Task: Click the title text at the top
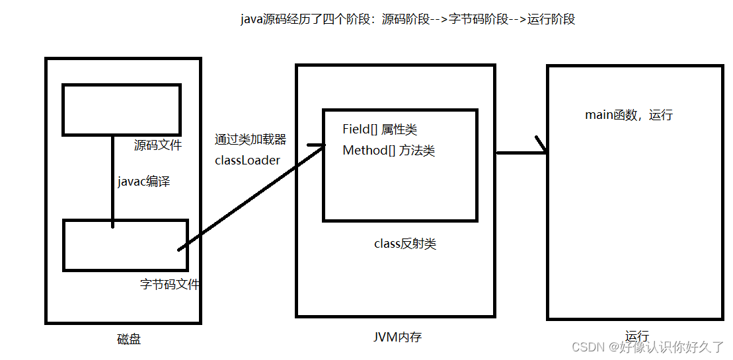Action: pyautogui.click(x=408, y=19)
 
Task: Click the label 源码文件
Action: pyautogui.click(x=157, y=145)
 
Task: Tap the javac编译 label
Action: pyautogui.click(x=143, y=182)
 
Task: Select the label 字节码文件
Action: pyautogui.click(x=170, y=285)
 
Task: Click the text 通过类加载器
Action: pyautogui.click(x=251, y=139)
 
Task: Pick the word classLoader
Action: pyautogui.click(x=247, y=160)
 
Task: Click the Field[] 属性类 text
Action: pyautogui.click(x=379, y=129)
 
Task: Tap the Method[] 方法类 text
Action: pyautogui.click(x=389, y=151)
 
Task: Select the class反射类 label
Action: pyautogui.click(x=405, y=244)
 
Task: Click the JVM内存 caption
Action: pyautogui.click(x=397, y=337)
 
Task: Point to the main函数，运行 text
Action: pyautogui.click(x=629, y=115)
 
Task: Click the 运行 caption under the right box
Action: pyautogui.click(x=637, y=336)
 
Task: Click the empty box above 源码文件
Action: pyautogui.click(x=121, y=109)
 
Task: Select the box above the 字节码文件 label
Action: pyautogui.click(x=126, y=245)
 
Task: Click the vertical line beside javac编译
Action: pyautogui.click(x=112, y=178)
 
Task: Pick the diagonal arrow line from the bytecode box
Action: pyautogui.click(x=251, y=198)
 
